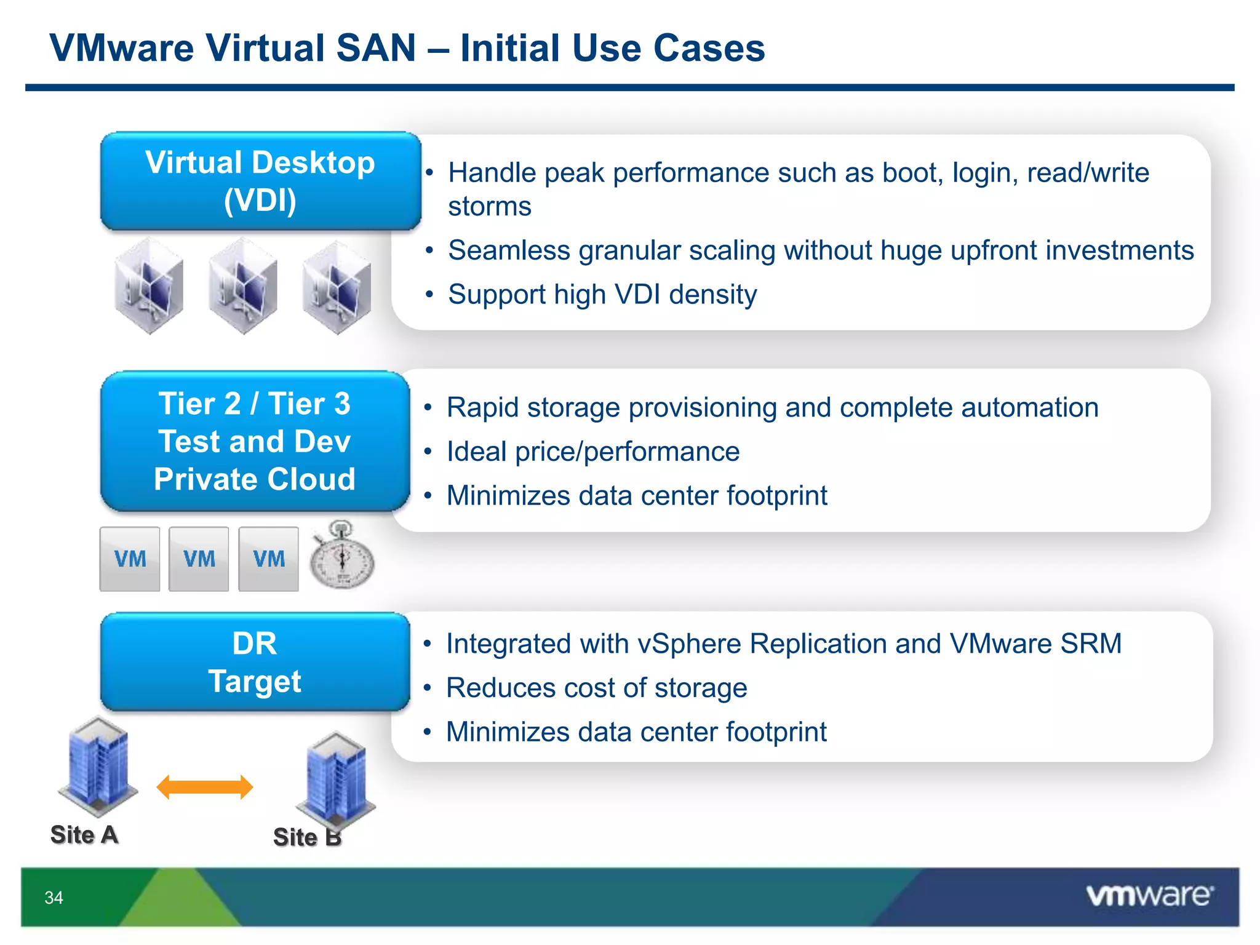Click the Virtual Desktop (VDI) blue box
[x=260, y=181]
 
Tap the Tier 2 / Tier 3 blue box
[x=255, y=441]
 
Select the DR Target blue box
[x=255, y=662]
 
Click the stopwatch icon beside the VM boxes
[x=341, y=556]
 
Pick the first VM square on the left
[x=130, y=559]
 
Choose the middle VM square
[x=199, y=559]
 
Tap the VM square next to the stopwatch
[x=268, y=559]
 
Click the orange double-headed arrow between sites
[x=205, y=787]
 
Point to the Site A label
[x=84, y=835]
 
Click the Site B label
[x=307, y=837]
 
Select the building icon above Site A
[x=97, y=765]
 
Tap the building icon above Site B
[x=336, y=778]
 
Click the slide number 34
[x=54, y=898]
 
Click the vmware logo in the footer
[x=1149, y=895]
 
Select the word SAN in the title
[x=376, y=48]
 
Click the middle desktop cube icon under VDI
[x=242, y=285]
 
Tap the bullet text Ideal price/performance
[x=593, y=452]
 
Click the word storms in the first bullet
[x=489, y=206]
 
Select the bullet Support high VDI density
[x=602, y=294]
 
